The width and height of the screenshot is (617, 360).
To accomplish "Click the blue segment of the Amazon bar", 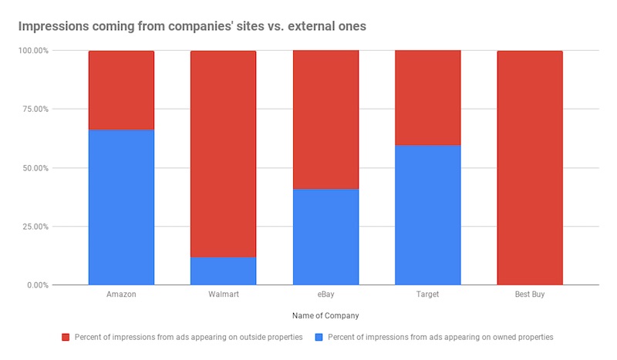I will pyautogui.click(x=121, y=207).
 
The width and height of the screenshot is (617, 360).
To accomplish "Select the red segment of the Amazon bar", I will pyautogui.click(x=121, y=90).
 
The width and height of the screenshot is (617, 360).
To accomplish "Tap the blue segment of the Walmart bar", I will pyautogui.click(x=224, y=271).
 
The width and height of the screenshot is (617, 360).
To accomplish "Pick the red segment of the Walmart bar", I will pyautogui.click(x=224, y=154).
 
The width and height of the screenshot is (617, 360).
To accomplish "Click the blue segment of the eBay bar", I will pyautogui.click(x=325, y=237).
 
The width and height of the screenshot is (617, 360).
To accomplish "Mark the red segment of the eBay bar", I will pyautogui.click(x=325, y=119).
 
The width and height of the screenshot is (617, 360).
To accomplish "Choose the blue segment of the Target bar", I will pyautogui.click(x=427, y=215).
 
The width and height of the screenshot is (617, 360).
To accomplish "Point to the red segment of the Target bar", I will pyautogui.click(x=427, y=98).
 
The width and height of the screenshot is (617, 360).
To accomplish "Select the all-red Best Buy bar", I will pyautogui.click(x=529, y=168).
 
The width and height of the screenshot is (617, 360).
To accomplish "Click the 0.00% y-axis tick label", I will pyautogui.click(x=35, y=285).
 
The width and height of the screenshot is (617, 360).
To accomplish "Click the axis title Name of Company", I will pyautogui.click(x=325, y=315).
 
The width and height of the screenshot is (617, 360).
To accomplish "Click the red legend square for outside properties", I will pyautogui.click(x=67, y=337).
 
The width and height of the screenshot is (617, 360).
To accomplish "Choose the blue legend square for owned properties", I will pyautogui.click(x=319, y=337).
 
